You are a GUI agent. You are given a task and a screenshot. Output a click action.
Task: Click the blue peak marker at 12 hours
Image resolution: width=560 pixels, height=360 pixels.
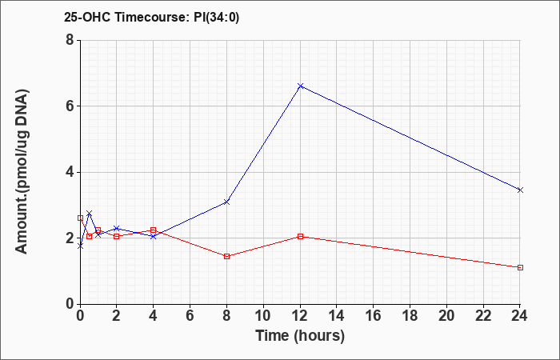[x=300, y=86]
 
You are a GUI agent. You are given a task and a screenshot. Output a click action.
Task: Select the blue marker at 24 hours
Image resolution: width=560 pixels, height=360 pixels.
[x=520, y=190]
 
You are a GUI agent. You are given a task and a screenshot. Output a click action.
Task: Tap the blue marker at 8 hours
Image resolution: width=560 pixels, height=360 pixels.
[x=226, y=202]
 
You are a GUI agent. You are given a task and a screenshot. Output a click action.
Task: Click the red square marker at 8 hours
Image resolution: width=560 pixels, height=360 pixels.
[x=226, y=257]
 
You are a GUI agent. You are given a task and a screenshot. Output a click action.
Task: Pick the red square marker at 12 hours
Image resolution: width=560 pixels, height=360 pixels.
[x=300, y=237]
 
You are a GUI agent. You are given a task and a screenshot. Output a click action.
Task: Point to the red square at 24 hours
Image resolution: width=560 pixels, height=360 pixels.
[x=520, y=267]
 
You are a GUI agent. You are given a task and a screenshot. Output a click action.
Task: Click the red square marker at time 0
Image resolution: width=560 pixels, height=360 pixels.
[x=80, y=218]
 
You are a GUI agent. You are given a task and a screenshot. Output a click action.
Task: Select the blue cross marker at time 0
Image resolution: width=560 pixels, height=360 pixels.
[x=80, y=246]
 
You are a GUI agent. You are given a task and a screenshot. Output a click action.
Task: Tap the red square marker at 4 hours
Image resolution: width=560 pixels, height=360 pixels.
[x=154, y=230]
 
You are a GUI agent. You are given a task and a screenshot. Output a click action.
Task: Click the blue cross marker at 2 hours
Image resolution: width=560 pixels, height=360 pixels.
[x=117, y=228]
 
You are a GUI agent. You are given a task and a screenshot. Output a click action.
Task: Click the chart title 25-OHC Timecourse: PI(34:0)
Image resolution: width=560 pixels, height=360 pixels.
[x=152, y=17]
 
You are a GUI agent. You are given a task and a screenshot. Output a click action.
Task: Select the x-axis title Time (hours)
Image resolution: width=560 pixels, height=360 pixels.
[x=300, y=336]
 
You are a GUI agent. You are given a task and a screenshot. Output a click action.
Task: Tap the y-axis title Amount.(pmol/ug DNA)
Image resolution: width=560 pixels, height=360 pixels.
[x=22, y=172]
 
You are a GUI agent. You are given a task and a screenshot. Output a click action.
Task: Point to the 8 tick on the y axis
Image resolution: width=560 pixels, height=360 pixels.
[x=70, y=40]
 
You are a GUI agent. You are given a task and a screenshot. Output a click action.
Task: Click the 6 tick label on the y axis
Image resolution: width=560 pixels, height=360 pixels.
[x=70, y=106]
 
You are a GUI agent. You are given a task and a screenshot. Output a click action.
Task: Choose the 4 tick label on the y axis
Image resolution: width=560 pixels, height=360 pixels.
[x=70, y=172]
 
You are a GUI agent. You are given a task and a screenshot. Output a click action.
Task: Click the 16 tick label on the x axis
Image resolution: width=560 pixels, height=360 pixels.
[x=374, y=316]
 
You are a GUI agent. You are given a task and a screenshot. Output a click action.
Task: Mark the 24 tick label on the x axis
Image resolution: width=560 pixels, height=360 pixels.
[x=520, y=316]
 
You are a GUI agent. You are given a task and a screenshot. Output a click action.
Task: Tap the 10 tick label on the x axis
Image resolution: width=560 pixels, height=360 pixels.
[x=263, y=316]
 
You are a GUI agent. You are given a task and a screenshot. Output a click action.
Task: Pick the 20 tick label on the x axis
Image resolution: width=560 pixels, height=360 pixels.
[x=446, y=316]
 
